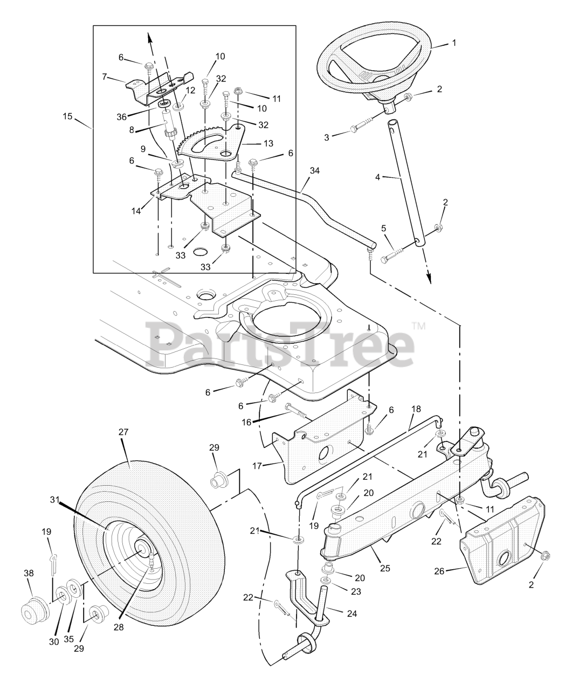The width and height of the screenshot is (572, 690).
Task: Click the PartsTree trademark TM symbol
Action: (418, 326)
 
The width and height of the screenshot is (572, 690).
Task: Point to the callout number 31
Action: (54, 500)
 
